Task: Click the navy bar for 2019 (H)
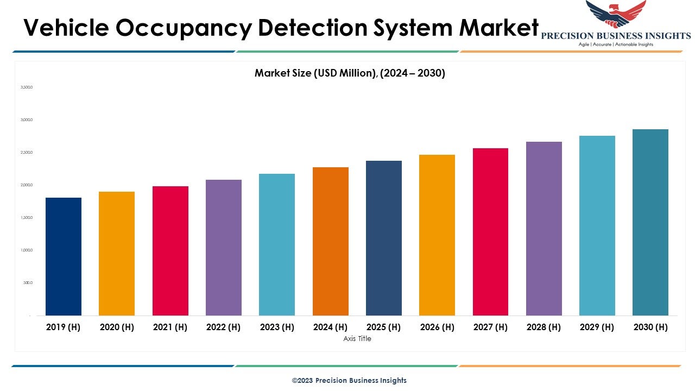point(64,256)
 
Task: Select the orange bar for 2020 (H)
point(117,253)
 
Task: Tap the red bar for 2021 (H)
point(170,250)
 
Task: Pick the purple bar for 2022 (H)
point(224,247)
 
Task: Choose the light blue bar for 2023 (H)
point(277,244)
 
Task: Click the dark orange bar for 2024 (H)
point(331,241)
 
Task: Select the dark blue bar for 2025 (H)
point(384,238)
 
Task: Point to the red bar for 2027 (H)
point(490,231)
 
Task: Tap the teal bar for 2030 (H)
point(650,222)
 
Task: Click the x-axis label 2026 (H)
point(437,327)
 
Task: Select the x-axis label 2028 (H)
point(544,327)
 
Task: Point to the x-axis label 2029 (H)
point(597,327)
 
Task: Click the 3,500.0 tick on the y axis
point(27,87)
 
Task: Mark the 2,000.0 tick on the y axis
point(27,185)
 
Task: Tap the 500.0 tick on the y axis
point(28,283)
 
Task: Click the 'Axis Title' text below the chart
point(357,338)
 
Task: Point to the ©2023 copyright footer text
point(349,380)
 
